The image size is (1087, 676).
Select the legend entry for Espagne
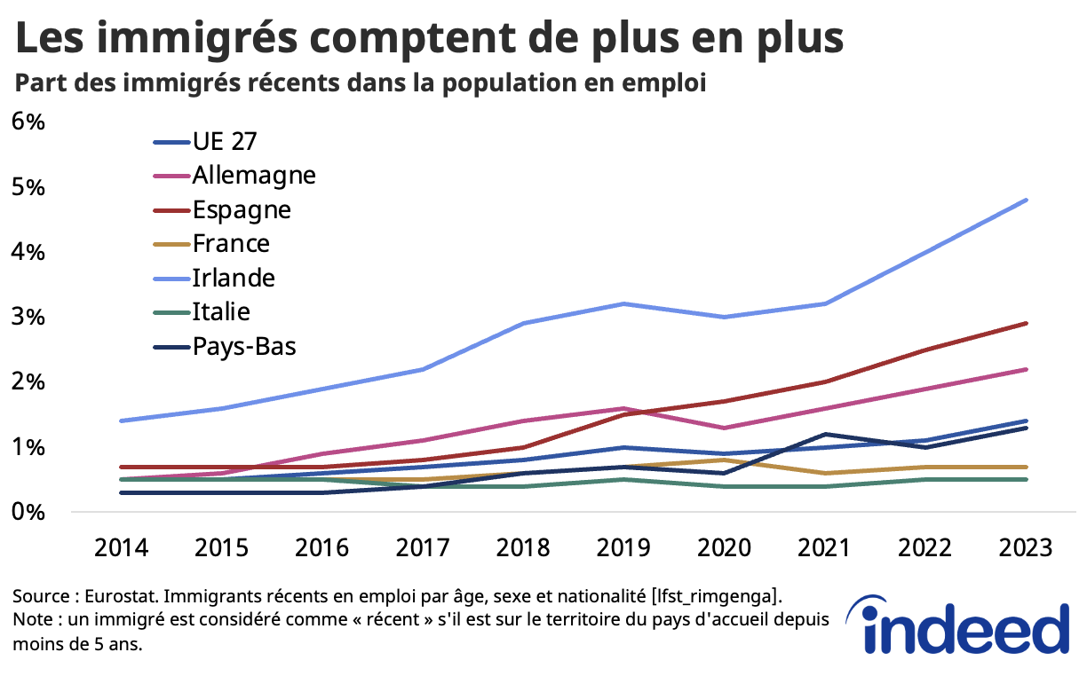coord(241,210)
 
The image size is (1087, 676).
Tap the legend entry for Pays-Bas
coord(243,346)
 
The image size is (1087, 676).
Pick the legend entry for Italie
coord(221,311)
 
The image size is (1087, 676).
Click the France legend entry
coord(230,243)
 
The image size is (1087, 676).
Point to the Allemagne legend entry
coord(253,175)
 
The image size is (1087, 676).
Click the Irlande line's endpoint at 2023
coord(1027,200)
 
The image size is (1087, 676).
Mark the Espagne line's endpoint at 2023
coord(1027,323)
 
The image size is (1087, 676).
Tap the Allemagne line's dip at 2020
coord(726,428)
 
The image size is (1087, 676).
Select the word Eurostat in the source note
coord(117,594)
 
